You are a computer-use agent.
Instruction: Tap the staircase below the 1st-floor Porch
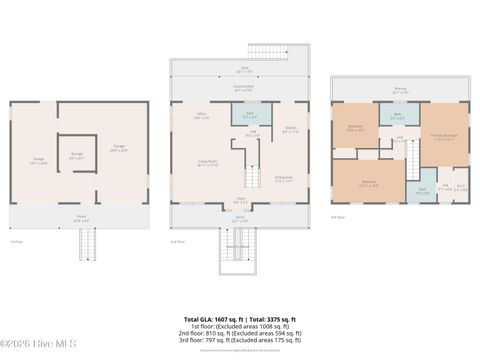pos(87,244)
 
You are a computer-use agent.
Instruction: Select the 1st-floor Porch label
pos(80,216)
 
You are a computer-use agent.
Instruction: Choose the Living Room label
pos(207,166)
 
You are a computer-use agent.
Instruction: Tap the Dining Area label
pos(284,180)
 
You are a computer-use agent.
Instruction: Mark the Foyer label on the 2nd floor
pos(240,199)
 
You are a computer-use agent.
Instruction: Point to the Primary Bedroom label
pos(444,137)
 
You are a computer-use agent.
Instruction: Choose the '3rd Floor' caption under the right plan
pos(337,216)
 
